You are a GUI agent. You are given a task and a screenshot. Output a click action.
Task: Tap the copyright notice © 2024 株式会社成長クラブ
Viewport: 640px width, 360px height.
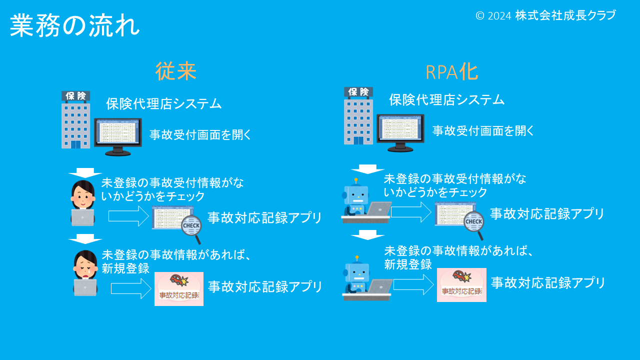(x=545, y=15)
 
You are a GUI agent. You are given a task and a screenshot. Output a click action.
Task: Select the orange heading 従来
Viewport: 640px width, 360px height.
(x=175, y=71)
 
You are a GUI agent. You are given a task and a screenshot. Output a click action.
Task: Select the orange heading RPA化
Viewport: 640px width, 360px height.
(x=451, y=72)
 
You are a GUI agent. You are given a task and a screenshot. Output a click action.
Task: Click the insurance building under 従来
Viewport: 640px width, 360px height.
(x=75, y=120)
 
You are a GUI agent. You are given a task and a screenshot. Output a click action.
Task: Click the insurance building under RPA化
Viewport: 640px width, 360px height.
(x=358, y=116)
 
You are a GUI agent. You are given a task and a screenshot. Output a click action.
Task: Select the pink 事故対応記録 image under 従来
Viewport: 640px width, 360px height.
(x=179, y=288)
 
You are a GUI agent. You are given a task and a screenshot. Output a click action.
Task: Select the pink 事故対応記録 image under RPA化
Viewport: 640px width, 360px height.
(x=461, y=285)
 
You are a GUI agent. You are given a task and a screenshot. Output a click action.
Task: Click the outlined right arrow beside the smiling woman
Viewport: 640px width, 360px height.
(x=129, y=216)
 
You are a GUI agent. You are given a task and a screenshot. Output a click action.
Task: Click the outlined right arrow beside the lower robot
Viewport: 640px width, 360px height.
(x=413, y=284)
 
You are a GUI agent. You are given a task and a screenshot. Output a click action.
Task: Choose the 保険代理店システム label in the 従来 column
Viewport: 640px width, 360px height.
(x=163, y=104)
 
